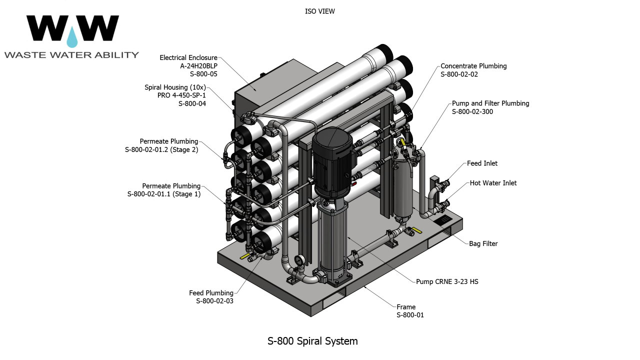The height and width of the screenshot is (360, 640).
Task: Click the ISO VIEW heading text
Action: click(319, 11)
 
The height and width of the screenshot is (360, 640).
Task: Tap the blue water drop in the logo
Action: click(73, 37)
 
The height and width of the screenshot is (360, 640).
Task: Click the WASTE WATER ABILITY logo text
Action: click(71, 55)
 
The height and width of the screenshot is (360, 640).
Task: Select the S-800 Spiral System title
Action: click(312, 341)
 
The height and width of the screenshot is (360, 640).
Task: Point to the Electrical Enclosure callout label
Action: click(188, 58)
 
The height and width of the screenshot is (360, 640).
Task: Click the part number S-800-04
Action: click(192, 104)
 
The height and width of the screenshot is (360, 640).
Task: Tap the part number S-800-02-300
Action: click(472, 112)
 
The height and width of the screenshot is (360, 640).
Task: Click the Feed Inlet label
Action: click(482, 163)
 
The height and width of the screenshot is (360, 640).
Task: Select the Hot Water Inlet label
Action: click(493, 183)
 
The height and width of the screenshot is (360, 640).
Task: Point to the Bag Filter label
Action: click(483, 244)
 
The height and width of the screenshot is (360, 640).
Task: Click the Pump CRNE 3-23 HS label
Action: click(447, 282)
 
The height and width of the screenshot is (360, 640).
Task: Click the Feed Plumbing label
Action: click(211, 293)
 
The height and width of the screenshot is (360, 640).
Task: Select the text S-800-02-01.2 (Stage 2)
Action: click(161, 150)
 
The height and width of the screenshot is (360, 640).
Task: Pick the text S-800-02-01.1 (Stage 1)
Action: click(164, 194)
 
